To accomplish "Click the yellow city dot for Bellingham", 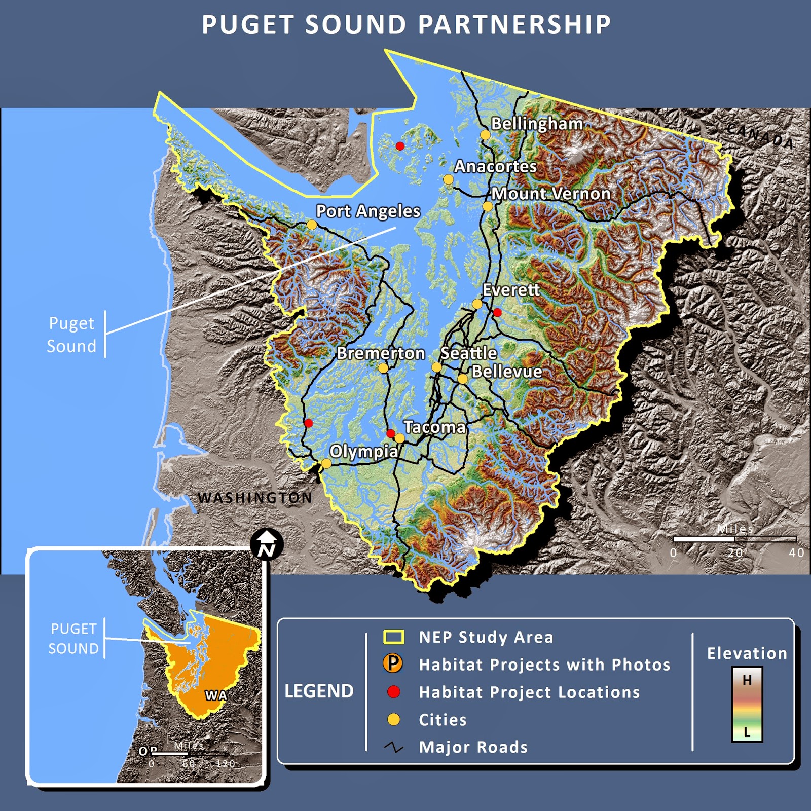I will pyautogui.click(x=485, y=135).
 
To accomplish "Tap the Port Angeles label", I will pyautogui.click(x=368, y=211).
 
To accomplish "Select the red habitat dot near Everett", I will pyautogui.click(x=497, y=312).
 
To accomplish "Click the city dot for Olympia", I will pyautogui.click(x=326, y=463).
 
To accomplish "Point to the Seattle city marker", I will pyautogui.click(x=436, y=366).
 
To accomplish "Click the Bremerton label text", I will pyautogui.click(x=381, y=353).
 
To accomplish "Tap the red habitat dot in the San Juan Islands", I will pyautogui.click(x=400, y=146).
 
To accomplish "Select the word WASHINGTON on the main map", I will pyautogui.click(x=255, y=498).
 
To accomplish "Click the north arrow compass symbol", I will pyautogui.click(x=267, y=545).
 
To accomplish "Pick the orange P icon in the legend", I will pyautogui.click(x=393, y=663).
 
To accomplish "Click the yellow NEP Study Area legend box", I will pyautogui.click(x=394, y=637).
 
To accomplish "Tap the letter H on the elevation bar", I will pyautogui.click(x=747, y=680).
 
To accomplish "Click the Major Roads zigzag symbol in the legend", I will pyautogui.click(x=393, y=747).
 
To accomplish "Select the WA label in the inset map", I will pyautogui.click(x=216, y=695).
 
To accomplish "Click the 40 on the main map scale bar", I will pyautogui.click(x=796, y=553).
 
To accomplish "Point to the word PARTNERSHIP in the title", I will pyautogui.click(x=515, y=25).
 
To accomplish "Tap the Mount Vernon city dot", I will pyautogui.click(x=487, y=206).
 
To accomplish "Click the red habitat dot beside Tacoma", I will pyautogui.click(x=390, y=433).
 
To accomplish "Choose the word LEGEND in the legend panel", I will pyautogui.click(x=319, y=691).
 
